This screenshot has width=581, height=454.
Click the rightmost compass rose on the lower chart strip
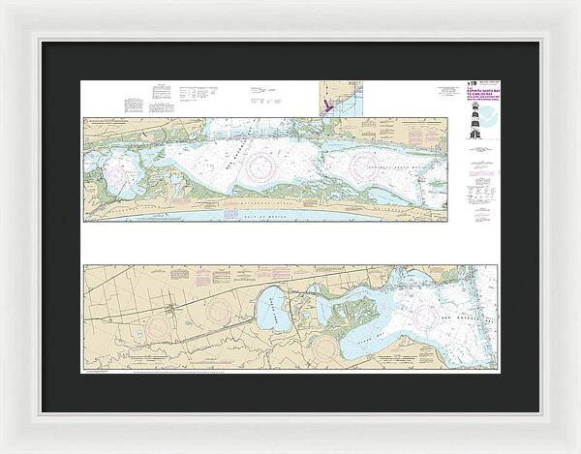(x=427, y=314)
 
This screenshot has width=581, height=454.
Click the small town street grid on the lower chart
(x=174, y=312)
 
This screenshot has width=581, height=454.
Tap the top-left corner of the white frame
(x=3, y=3)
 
